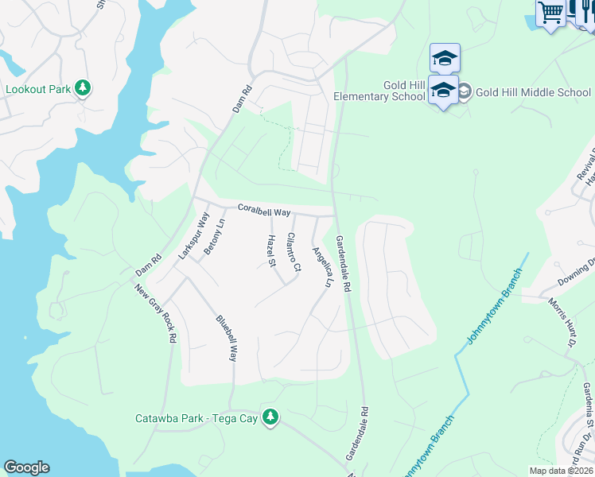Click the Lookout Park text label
37,89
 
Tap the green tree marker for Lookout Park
83,88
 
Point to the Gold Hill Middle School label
533,92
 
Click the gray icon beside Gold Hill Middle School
464,92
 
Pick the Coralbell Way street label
263,209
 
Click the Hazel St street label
271,250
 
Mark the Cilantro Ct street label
294,252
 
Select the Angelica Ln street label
321,266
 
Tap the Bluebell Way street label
227,338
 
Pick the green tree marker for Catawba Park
270,417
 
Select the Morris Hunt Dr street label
560,322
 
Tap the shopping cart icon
550,13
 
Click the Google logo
26,467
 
